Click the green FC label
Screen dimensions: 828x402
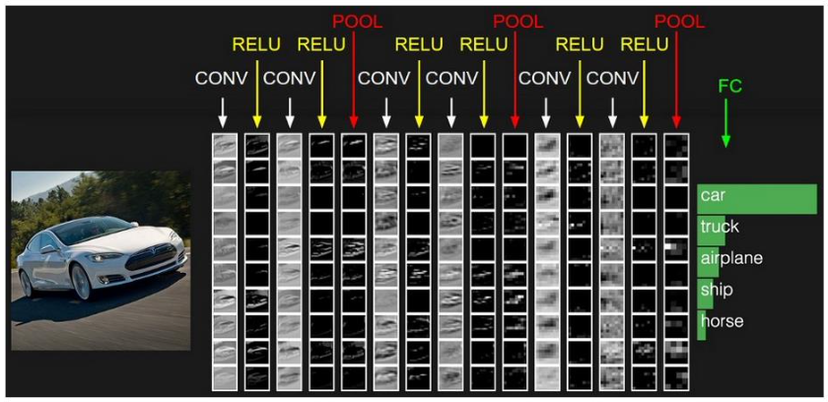coord(729,87)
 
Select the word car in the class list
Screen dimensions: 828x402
coord(713,196)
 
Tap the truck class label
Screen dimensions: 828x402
coord(720,227)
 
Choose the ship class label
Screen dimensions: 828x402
coord(716,290)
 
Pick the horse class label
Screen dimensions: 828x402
coord(722,321)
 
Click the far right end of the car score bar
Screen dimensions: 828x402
coord(814,198)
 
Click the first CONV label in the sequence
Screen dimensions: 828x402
coord(223,78)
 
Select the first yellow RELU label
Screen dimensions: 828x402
coord(256,44)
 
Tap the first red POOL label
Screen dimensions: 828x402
coord(356,20)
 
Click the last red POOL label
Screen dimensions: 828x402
coord(679,20)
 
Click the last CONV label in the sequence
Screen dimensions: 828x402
coord(612,78)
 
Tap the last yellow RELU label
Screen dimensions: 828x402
coord(645,44)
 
